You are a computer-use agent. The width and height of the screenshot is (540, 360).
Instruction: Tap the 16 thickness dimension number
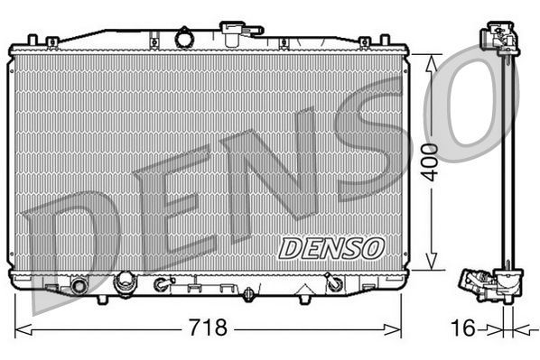click(x=462, y=328)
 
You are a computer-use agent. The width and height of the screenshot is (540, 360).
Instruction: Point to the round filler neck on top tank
click(x=185, y=38)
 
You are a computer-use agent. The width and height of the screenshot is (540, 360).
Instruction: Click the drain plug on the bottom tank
click(x=248, y=294)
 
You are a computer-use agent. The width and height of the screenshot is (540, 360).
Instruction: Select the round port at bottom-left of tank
click(x=79, y=286)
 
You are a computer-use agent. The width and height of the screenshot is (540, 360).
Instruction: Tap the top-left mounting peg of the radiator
click(x=33, y=41)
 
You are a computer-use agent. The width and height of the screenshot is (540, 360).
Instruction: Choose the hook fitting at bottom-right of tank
click(x=333, y=284)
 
